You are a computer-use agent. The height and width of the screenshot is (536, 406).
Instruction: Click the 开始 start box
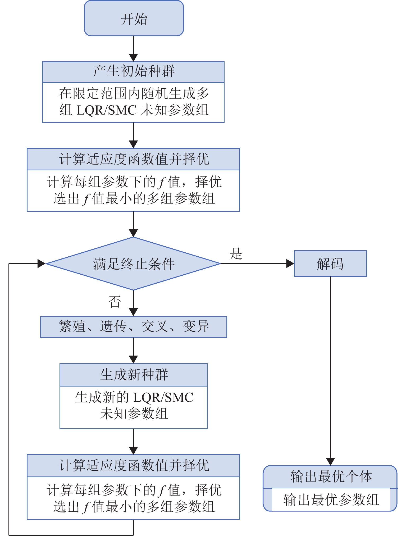(134, 19)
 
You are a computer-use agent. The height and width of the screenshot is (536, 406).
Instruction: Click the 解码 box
(330, 264)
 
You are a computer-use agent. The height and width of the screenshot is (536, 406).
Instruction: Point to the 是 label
(236, 253)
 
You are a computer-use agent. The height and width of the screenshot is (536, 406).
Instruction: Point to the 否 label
(115, 302)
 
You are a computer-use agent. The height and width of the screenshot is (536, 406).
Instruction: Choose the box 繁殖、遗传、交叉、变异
(134, 327)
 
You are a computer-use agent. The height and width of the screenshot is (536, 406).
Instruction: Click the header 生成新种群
(134, 375)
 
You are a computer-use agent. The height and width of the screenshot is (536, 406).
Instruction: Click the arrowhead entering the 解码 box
(290, 264)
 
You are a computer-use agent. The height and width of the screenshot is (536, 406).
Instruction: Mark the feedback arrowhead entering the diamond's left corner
(42, 264)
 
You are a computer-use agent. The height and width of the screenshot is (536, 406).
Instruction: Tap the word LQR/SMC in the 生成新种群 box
(163, 398)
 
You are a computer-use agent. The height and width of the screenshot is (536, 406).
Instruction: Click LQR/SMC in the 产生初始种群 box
(106, 110)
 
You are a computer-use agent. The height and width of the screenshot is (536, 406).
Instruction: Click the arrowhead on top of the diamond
(133, 233)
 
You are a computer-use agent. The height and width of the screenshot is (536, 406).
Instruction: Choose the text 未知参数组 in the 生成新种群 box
(134, 413)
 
